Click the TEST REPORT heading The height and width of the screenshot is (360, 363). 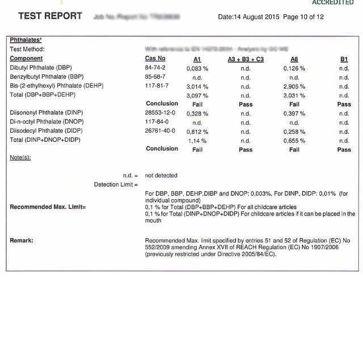coord(50,16)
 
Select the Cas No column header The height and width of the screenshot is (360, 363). coord(155,59)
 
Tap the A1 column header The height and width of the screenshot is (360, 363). coord(197,59)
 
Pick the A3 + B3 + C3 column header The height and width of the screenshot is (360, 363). coord(246,59)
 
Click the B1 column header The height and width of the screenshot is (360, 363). coord(344,59)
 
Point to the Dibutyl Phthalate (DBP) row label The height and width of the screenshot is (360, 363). coord(40,68)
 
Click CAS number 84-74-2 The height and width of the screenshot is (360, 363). coord(155,68)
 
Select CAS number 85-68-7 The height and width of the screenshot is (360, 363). coord(155,77)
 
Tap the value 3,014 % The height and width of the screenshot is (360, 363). coord(197,87)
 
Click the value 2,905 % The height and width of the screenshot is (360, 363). coord(294,87)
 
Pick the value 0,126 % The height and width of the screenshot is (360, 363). coord(294,68)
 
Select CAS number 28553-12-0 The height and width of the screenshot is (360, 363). coord(160,113)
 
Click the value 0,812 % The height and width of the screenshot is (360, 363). coord(197,132)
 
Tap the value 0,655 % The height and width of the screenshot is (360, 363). coord(294,141)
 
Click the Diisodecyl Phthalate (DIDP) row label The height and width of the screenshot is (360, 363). coord(43,131)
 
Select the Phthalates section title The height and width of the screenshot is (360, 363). coord(26,40)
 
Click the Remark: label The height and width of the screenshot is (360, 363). coord(22,240)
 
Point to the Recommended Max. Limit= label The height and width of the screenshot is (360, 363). coord(48,207)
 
